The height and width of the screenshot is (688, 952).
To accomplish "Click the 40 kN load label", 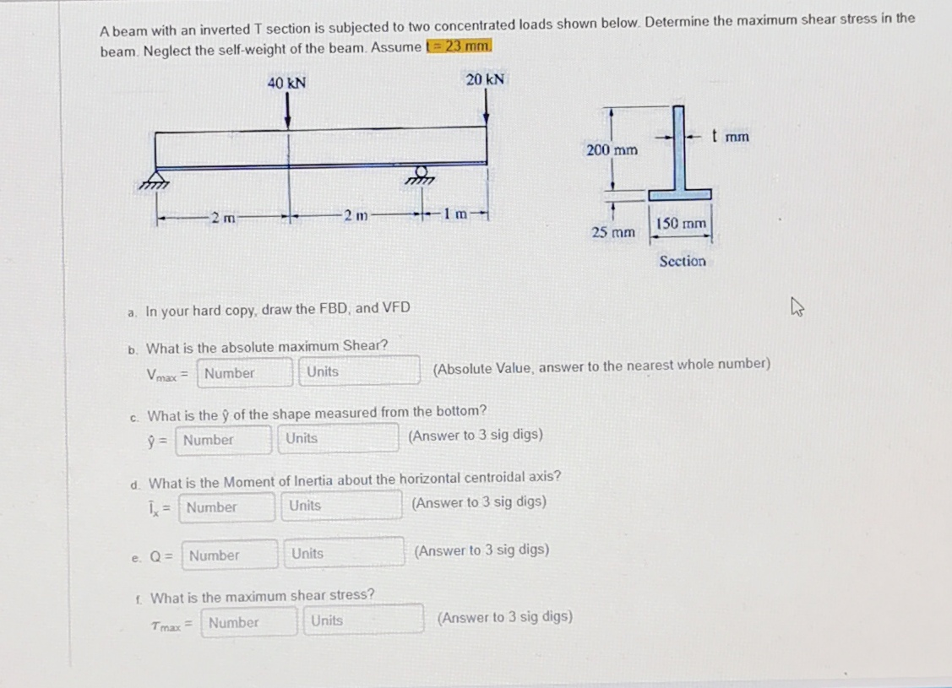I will (286, 83).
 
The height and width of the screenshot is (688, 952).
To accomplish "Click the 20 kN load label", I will (485, 79).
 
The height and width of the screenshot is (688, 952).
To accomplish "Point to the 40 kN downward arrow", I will (288, 110).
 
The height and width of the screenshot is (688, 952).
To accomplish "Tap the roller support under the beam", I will (418, 175).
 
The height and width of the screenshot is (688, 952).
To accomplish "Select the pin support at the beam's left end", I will (155, 179).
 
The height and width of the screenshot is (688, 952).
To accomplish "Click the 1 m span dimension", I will (456, 212).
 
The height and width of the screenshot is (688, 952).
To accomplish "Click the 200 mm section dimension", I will (611, 150).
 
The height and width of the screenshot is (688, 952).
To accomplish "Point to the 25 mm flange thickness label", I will (613, 230).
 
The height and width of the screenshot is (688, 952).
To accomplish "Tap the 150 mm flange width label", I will (681, 224).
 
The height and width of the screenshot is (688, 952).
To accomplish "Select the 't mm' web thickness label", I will (730, 136).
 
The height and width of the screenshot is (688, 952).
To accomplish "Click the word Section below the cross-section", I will (683, 262).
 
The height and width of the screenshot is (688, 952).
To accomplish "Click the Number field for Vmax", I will (245, 372).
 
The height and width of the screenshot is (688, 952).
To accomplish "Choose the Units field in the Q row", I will (343, 554).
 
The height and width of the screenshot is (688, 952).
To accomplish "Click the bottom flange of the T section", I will (679, 194).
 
